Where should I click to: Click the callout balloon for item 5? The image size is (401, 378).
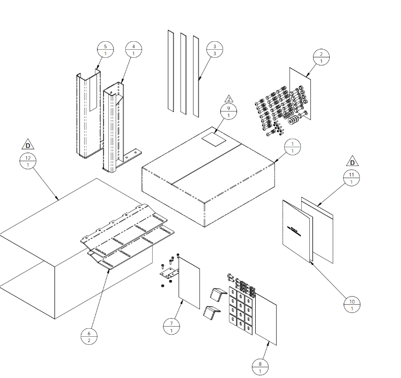coord(106,50)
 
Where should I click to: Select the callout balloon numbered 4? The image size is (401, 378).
coord(133,50)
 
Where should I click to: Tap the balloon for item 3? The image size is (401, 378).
coord(214,50)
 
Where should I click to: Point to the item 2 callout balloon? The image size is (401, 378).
coord(321,58)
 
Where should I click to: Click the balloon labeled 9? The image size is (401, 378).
coord(229,111)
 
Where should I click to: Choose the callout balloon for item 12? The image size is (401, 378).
coord(28,161)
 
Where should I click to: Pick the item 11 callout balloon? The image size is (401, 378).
coord(352,178)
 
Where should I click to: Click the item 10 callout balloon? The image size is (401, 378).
coord(352,305)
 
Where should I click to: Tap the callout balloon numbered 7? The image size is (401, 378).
coord(171,327)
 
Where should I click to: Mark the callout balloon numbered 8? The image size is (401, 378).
coord(260,367)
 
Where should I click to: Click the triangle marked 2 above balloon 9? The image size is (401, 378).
coord(229,99)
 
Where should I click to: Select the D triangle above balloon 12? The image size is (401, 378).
coord(28,145)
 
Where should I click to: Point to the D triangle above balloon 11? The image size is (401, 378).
coord(352,162)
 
